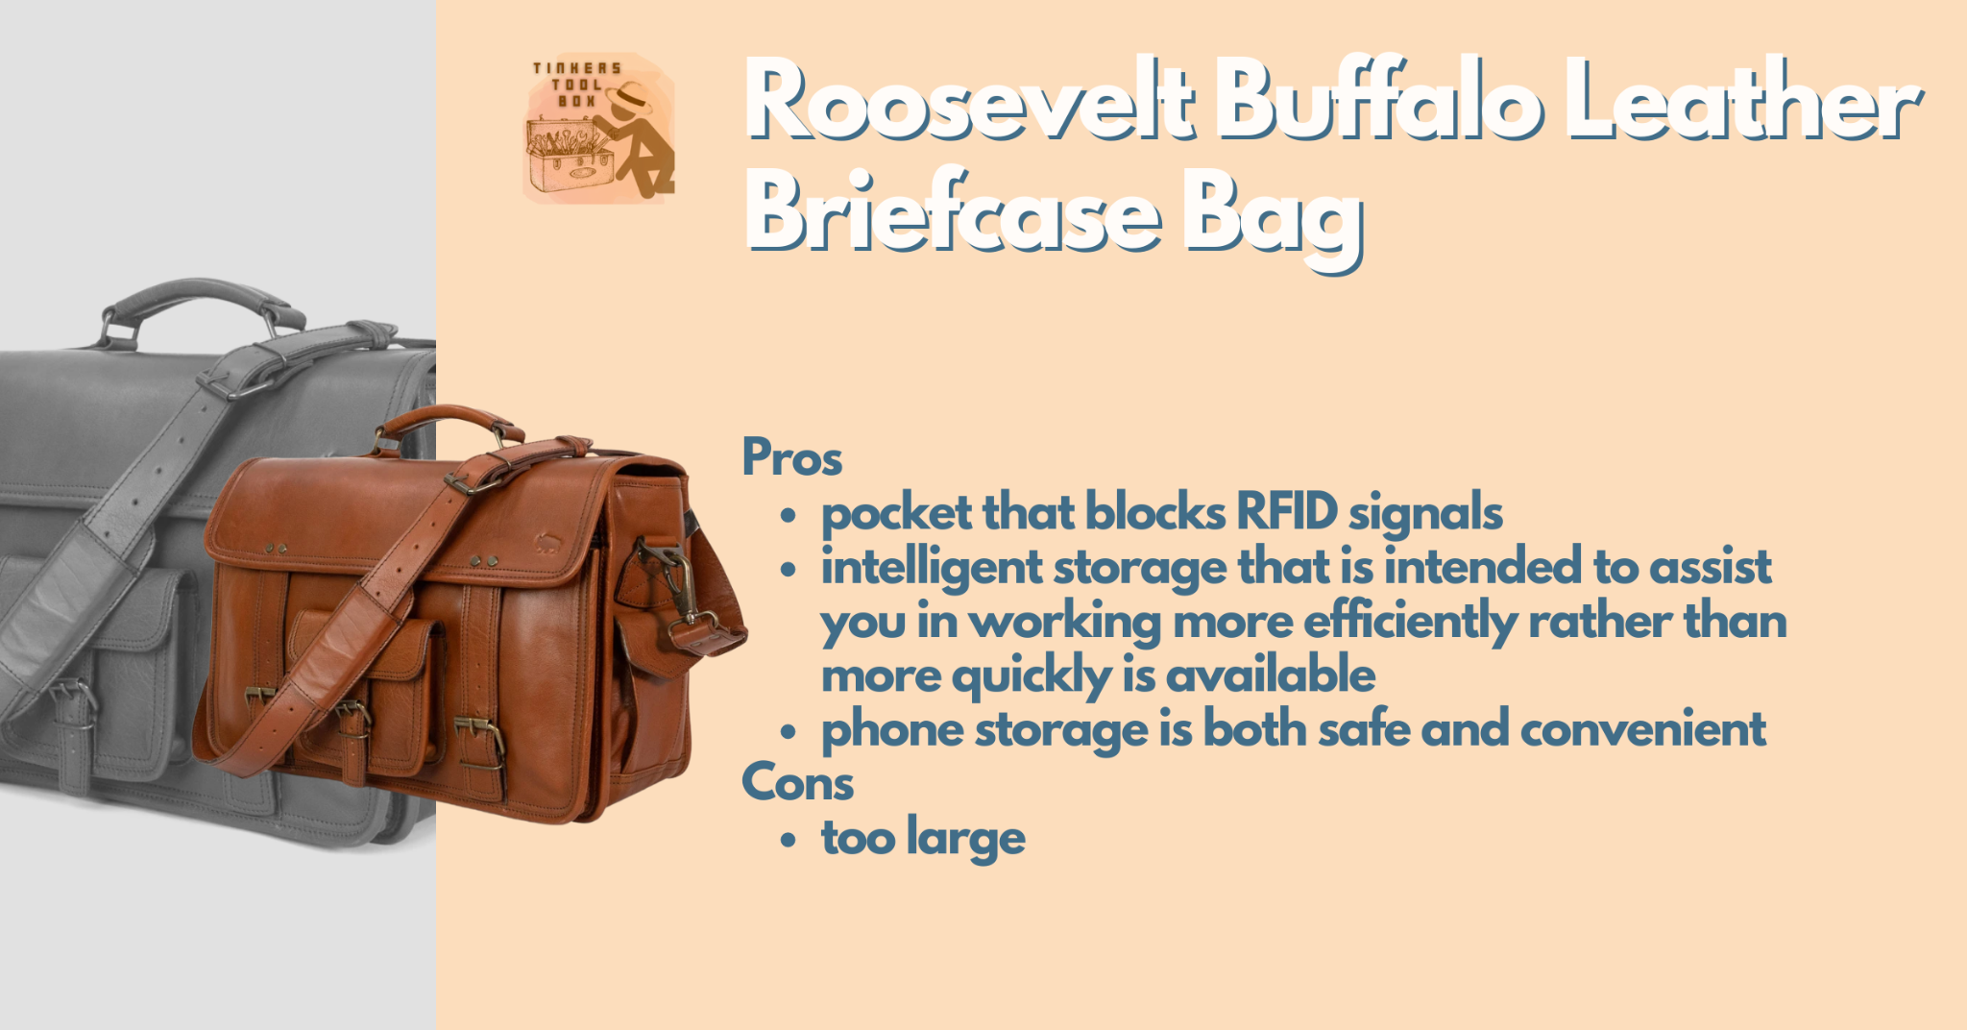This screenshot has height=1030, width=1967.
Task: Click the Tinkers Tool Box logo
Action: click(598, 128)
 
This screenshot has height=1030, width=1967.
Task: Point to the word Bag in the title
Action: click(1274, 221)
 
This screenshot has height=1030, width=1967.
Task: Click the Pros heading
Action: click(791, 458)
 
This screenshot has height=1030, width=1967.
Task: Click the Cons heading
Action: click(797, 782)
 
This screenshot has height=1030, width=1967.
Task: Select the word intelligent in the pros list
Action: click(931, 567)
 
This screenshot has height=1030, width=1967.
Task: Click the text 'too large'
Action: click(923, 838)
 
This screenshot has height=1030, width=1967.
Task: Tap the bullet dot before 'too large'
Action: click(789, 840)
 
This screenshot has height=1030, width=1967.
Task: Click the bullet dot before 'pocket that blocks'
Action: click(789, 516)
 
